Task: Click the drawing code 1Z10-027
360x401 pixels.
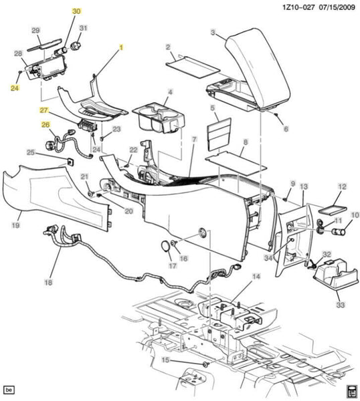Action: click(298, 7)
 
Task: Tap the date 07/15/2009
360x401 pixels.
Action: click(337, 7)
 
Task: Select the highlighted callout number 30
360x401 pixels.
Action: click(76, 11)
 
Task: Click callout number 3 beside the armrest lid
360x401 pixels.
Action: click(213, 33)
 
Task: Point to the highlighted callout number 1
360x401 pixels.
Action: click(121, 47)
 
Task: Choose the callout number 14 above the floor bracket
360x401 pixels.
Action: click(256, 277)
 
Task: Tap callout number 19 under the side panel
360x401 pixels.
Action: click(15, 225)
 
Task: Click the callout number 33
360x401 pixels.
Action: click(341, 305)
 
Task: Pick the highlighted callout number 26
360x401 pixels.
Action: click(46, 124)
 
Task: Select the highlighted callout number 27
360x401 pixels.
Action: click(43, 110)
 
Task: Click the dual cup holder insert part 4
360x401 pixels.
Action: click(159, 118)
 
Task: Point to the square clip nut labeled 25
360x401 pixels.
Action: click(70, 162)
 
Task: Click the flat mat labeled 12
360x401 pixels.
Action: click(333, 210)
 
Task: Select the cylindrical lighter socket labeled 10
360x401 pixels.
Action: click(339, 232)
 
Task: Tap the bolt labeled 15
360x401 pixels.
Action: click(205, 365)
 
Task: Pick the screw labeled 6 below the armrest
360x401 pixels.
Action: click(276, 114)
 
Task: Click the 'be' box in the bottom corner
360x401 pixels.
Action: click(9, 390)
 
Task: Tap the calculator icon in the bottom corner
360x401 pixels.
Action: click(351, 391)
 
